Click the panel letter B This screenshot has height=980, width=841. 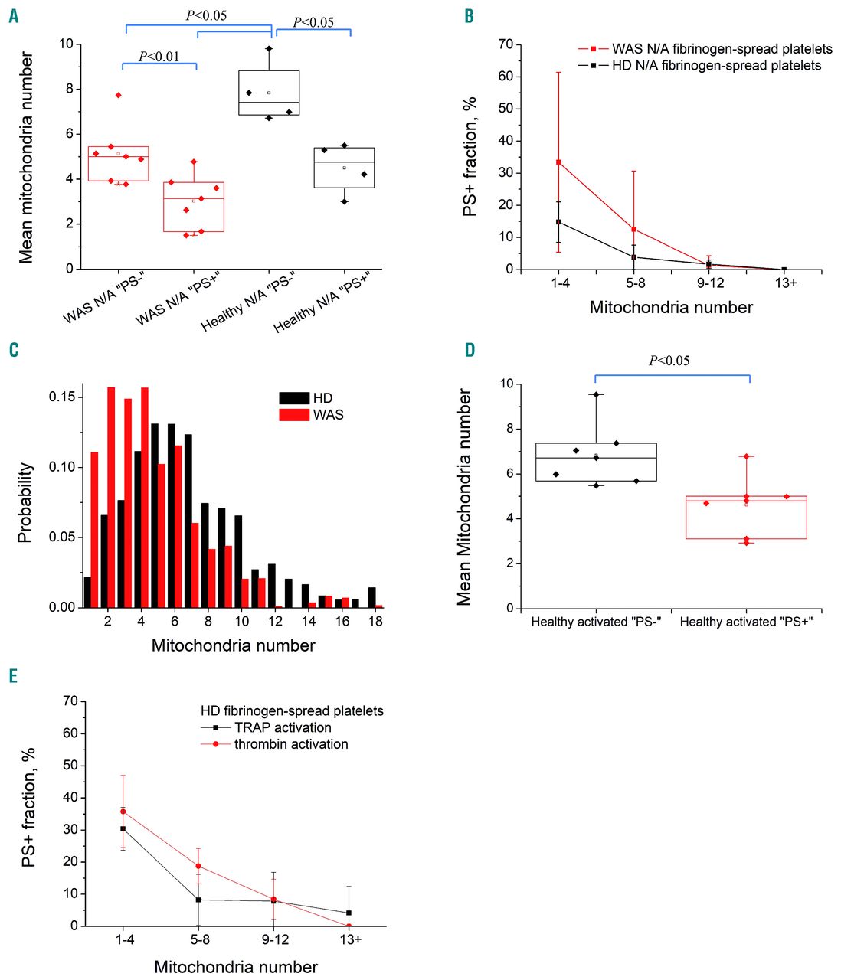click(x=469, y=16)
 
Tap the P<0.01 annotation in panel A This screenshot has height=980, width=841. click(x=159, y=56)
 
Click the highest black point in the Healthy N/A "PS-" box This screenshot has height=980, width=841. click(x=269, y=48)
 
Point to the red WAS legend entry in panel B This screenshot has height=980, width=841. click(x=705, y=49)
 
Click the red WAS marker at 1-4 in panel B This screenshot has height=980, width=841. click(x=558, y=162)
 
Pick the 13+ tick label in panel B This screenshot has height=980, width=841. click(x=785, y=283)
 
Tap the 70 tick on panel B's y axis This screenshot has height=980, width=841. click(x=505, y=44)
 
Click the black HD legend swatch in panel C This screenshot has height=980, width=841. click(x=293, y=398)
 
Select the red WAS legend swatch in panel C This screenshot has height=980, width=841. click(x=293, y=415)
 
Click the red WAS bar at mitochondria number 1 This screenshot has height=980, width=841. click(x=94, y=529)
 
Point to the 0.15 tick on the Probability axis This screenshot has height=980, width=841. click(x=61, y=397)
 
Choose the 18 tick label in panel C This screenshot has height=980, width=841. click(x=375, y=622)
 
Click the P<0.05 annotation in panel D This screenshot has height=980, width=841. click(x=669, y=361)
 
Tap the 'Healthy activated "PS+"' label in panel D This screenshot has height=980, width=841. click(x=746, y=622)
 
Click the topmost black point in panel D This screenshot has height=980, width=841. click(x=595, y=394)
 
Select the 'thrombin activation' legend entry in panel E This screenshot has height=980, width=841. click(x=291, y=744)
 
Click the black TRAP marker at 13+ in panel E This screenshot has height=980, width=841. click(x=349, y=913)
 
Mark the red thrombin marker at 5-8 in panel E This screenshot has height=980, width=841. click(x=198, y=866)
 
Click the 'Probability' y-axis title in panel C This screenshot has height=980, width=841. click(x=25, y=502)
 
